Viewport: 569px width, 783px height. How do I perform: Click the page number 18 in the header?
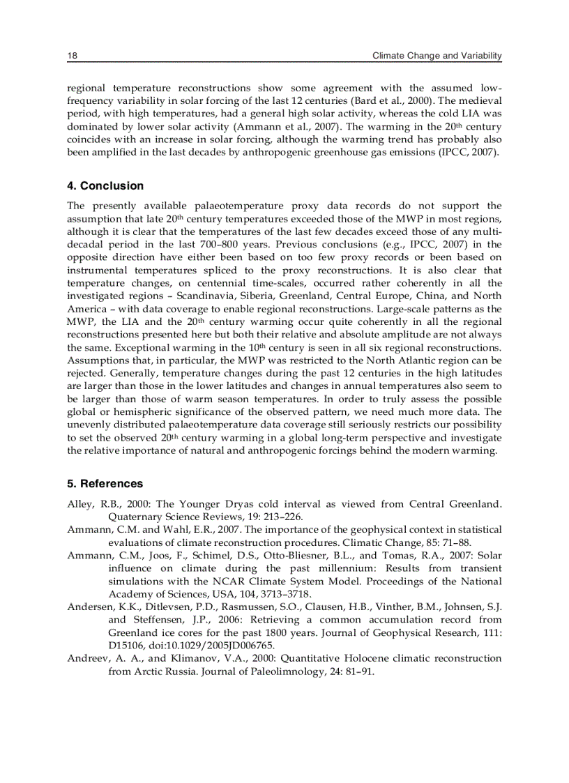pyautogui.click(x=72, y=56)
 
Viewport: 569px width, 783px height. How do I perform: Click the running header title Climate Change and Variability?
pyautogui.click(x=437, y=56)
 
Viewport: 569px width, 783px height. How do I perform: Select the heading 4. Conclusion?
pyautogui.click(x=105, y=185)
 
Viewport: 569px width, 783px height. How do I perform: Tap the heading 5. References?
pyautogui.click(x=105, y=483)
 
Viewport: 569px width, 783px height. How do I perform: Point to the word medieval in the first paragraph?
pyautogui.click(x=478, y=100)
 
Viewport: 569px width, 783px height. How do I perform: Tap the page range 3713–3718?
pyautogui.click(x=285, y=594)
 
